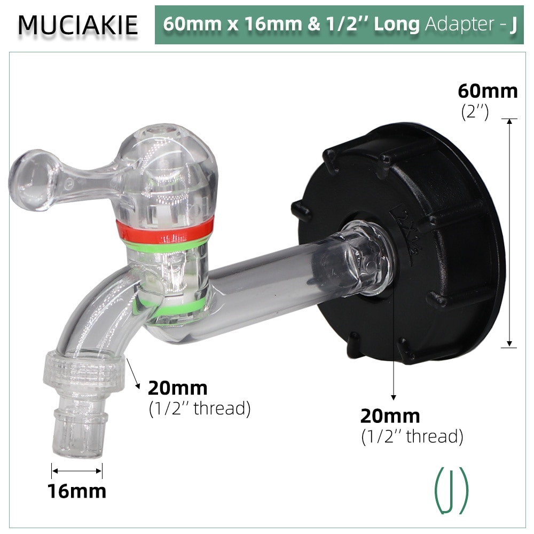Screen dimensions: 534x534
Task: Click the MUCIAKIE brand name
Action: (x=78, y=25)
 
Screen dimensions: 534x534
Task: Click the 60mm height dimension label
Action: (x=488, y=91)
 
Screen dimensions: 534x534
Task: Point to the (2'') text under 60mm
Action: (x=475, y=112)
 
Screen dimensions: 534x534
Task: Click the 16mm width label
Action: (x=77, y=491)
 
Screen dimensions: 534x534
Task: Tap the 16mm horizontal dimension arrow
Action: (x=77, y=470)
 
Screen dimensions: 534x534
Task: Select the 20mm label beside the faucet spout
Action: (x=177, y=388)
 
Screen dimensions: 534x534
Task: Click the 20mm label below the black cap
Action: (x=390, y=415)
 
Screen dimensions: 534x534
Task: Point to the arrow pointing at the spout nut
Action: (x=134, y=374)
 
